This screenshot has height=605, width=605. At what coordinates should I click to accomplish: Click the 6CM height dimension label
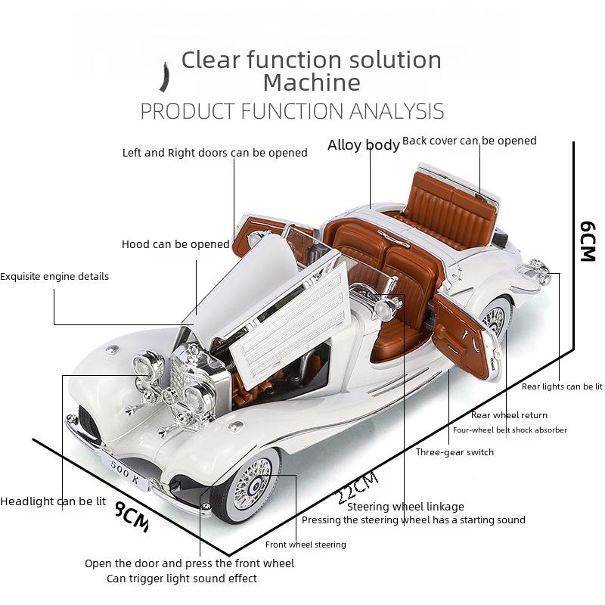[588, 241]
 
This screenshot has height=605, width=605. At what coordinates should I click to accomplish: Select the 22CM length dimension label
[358, 487]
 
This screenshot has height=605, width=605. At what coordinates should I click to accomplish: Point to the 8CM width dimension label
[132, 517]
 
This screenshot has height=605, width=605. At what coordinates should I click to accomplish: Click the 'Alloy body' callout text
[364, 145]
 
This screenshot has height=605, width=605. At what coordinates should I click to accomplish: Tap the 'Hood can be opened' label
[175, 244]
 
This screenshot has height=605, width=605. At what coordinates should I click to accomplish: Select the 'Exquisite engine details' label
[54, 276]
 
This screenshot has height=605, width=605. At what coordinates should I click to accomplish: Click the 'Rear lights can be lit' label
[562, 386]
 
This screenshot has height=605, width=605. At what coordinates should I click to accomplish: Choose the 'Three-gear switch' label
[455, 452]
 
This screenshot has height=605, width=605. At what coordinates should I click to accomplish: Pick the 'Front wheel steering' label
[306, 544]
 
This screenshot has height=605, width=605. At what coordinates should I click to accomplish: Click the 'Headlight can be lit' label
[53, 501]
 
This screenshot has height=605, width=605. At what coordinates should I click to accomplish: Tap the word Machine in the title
[312, 82]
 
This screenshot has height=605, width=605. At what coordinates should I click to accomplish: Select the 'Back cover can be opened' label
[469, 141]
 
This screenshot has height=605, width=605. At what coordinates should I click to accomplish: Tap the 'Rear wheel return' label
[509, 415]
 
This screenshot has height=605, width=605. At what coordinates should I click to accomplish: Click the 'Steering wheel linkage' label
[405, 507]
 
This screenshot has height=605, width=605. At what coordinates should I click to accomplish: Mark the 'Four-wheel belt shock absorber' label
[510, 430]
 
